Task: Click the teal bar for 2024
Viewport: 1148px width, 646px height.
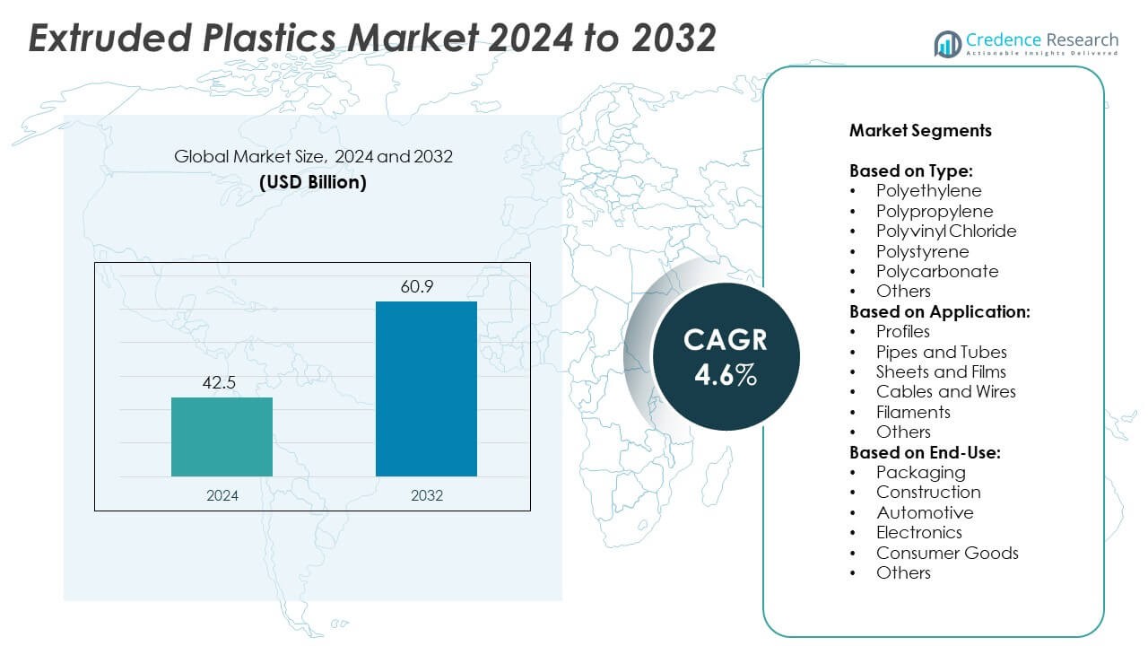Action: pos(222,436)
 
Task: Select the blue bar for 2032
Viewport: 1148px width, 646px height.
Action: pos(426,388)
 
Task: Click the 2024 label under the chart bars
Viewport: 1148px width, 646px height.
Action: pos(222,494)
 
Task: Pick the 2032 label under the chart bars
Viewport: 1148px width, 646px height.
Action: pos(426,494)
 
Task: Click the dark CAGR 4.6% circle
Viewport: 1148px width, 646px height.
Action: pos(726,356)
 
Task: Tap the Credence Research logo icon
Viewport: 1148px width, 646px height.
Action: pos(947,43)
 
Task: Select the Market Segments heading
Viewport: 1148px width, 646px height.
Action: pos(920,130)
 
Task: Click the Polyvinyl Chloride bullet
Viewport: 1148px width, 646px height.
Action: pos(946,231)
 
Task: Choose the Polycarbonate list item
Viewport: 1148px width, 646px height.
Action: pos(936,271)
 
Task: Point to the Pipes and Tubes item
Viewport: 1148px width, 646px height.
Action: pos(941,352)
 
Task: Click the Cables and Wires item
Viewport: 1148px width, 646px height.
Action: pos(945,391)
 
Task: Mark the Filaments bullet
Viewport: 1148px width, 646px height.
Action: pos(913,412)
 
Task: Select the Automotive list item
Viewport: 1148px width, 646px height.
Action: pos(924,512)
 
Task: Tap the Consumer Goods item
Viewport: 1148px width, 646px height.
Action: pos(947,553)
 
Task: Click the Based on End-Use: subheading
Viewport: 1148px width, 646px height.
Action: pos(925,452)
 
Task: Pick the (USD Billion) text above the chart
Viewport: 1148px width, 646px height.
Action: pos(313,181)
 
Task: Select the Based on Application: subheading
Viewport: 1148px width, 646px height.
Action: pos(939,311)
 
